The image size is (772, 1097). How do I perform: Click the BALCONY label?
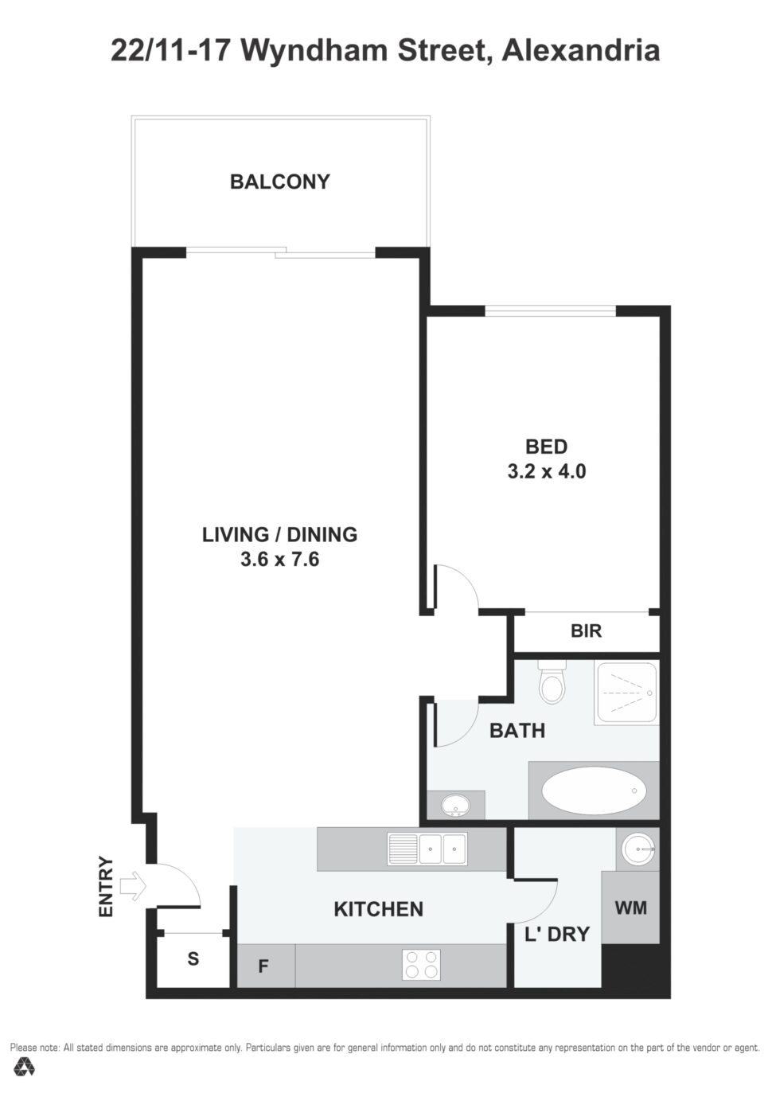pyautogui.click(x=280, y=182)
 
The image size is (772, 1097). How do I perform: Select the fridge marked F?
pyautogui.click(x=266, y=966)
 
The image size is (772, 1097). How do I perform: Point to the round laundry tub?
pyautogui.click(x=638, y=849)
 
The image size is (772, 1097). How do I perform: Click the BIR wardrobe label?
pyautogui.click(x=586, y=630)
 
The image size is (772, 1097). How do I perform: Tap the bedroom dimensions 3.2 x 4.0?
pyautogui.click(x=546, y=471)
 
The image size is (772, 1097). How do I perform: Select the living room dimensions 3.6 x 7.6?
pyautogui.click(x=279, y=559)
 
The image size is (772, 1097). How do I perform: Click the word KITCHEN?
pyautogui.click(x=378, y=909)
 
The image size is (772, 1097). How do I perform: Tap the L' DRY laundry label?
pyautogui.click(x=557, y=934)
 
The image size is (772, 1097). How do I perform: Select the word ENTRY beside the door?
pyautogui.click(x=106, y=886)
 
